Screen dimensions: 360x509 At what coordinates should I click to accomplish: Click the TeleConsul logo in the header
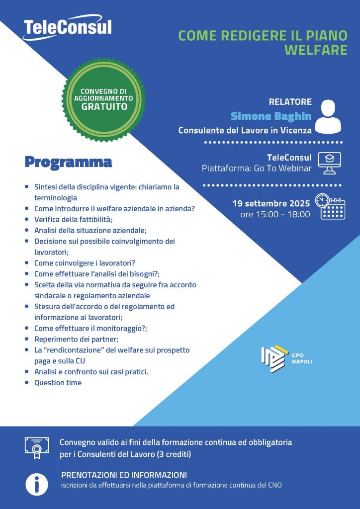(68, 27)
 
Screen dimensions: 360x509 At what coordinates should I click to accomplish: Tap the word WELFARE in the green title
(316, 50)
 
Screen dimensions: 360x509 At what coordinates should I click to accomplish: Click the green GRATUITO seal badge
(103, 99)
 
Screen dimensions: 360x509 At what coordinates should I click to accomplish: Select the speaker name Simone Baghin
(271, 116)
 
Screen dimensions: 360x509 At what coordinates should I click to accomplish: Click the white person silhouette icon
(328, 116)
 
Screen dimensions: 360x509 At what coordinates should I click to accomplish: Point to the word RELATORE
(290, 102)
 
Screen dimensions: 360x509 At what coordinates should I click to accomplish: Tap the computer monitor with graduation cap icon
(329, 163)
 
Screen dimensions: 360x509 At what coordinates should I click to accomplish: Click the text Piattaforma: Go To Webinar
(257, 169)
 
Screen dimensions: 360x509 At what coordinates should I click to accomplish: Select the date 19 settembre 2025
(271, 203)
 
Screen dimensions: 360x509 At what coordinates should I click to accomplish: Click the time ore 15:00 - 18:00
(275, 215)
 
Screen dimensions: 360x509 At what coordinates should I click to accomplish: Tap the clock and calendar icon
(330, 206)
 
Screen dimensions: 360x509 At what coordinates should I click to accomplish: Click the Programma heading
(68, 162)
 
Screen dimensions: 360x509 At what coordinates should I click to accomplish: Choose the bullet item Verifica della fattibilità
(74, 219)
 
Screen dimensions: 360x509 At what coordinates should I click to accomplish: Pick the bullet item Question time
(58, 383)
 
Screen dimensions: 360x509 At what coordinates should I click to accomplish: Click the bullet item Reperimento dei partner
(76, 339)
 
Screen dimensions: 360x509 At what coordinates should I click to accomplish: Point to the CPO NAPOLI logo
(286, 358)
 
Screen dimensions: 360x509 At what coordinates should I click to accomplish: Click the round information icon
(37, 484)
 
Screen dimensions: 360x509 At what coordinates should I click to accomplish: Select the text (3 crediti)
(174, 454)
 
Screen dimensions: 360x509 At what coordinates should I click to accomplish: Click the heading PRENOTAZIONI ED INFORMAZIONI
(124, 475)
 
